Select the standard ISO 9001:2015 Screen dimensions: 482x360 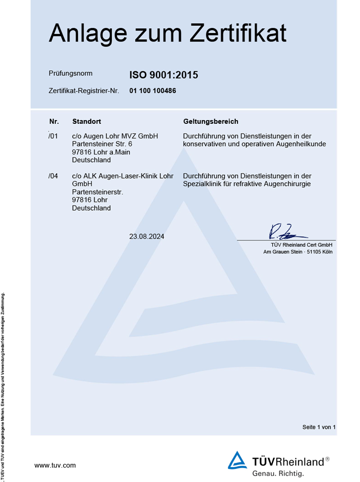[164, 75]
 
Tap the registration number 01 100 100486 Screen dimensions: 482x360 [153, 90]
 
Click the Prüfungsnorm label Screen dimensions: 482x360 [71, 73]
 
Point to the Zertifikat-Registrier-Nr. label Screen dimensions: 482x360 [84, 91]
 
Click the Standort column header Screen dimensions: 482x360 [86, 122]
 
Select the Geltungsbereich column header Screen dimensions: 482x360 [211, 122]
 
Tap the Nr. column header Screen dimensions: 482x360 [54, 122]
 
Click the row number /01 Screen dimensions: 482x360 [53, 136]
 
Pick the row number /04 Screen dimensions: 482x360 [53, 176]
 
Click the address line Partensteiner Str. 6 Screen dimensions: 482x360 [102, 144]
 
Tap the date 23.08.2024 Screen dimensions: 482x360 [147, 236]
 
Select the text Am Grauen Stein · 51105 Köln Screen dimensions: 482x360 [298, 252]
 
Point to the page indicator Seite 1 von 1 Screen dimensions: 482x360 [319, 427]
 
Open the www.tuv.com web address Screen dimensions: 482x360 [55, 465]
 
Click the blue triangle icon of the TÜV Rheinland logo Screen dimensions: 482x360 [237, 461]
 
